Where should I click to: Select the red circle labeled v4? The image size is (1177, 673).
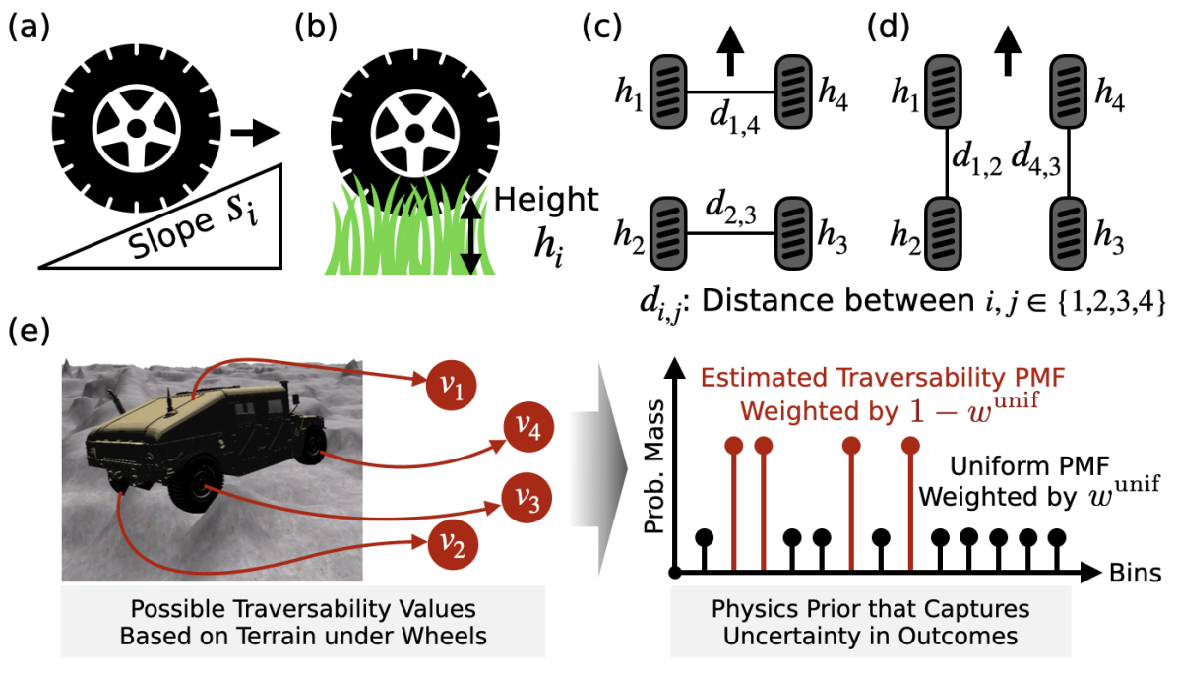click(527, 429)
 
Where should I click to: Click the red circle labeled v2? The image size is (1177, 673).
click(448, 541)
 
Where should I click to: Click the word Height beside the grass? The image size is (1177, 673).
click(547, 200)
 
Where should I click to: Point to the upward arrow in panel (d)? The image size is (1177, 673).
click(1006, 51)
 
